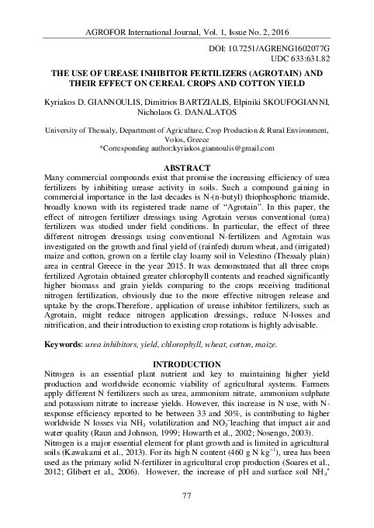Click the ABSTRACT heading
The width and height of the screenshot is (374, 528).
[x=186, y=168]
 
